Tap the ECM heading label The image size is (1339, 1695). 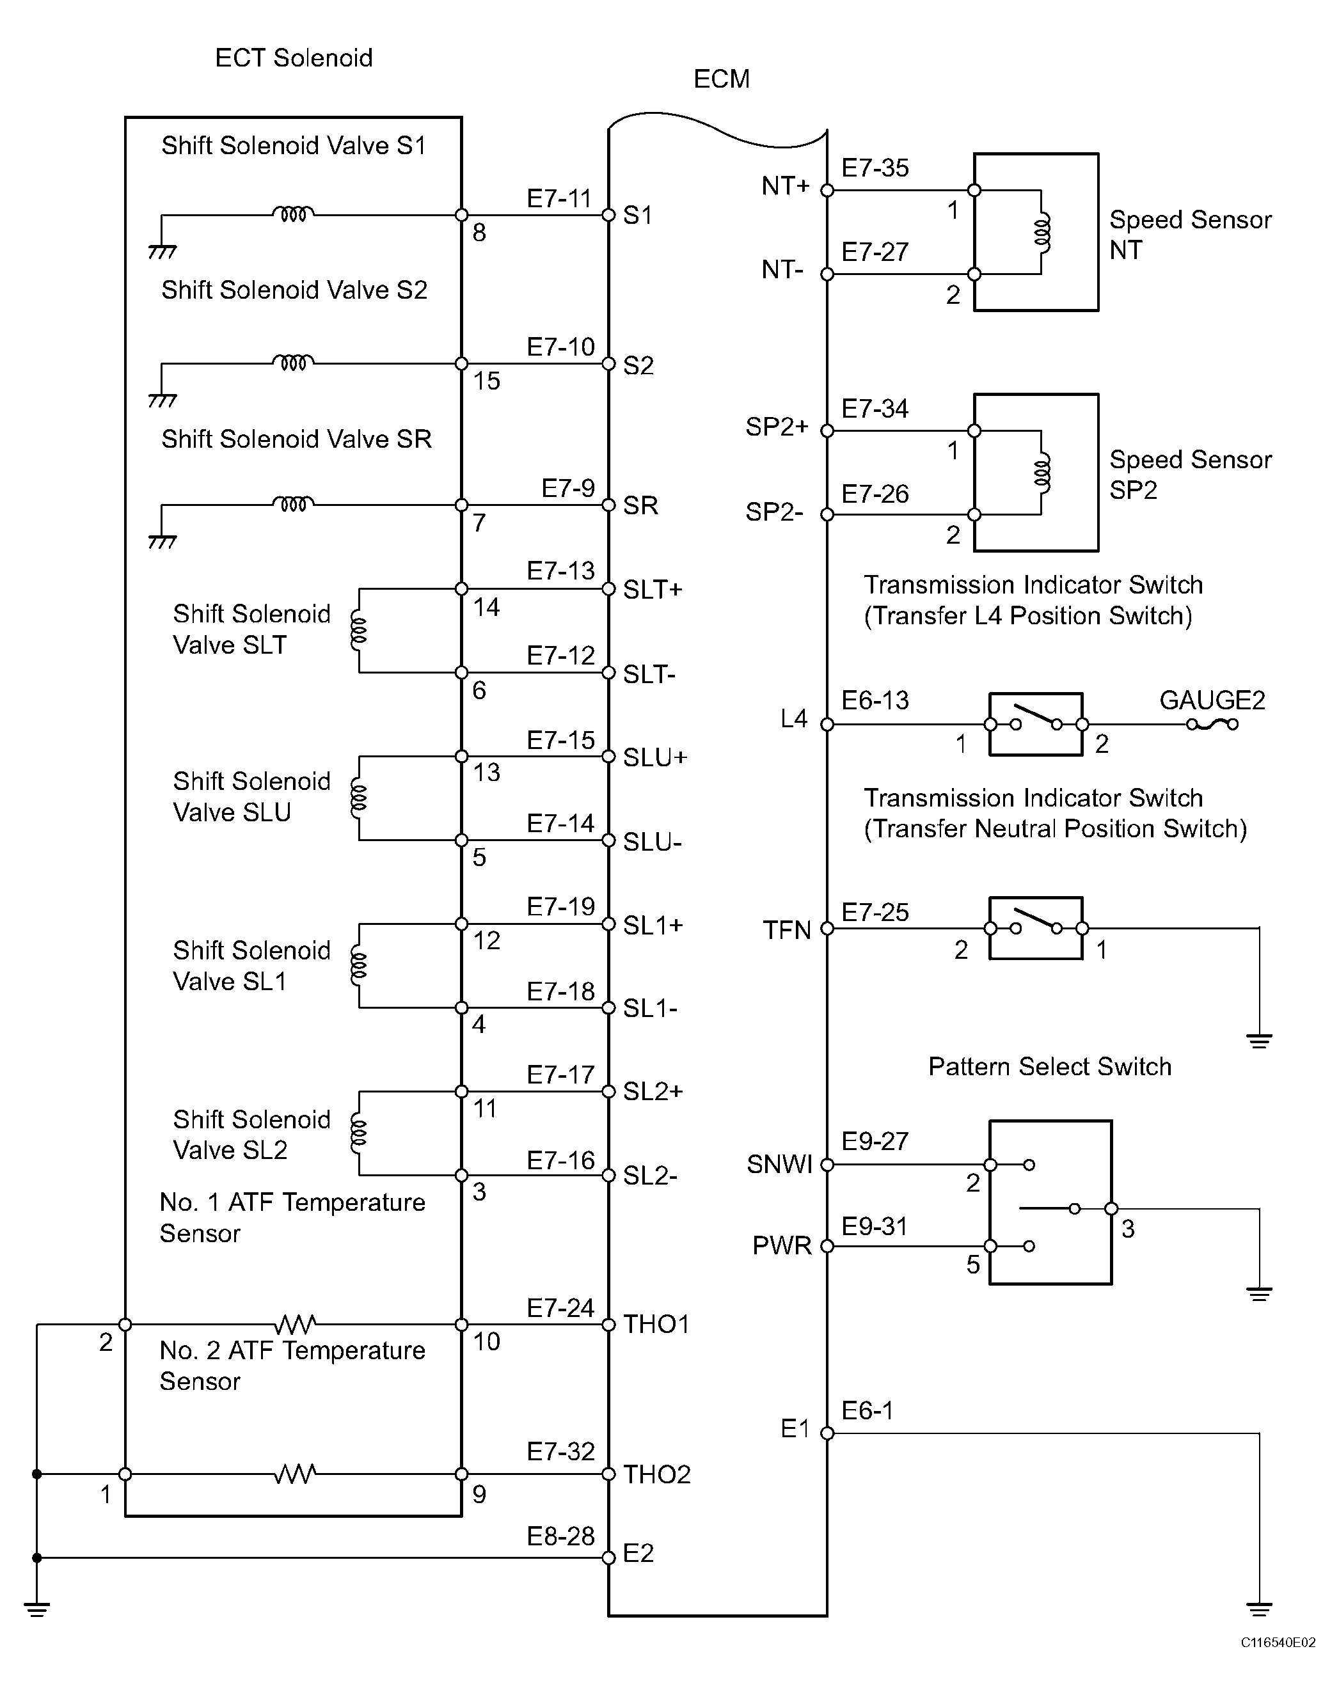click(721, 79)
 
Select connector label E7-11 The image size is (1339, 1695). click(559, 198)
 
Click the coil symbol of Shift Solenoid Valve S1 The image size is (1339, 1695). click(293, 213)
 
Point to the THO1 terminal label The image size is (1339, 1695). click(656, 1325)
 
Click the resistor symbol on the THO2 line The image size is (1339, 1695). click(296, 1474)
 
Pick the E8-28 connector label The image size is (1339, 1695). click(560, 1536)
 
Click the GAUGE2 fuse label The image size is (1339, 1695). click(1212, 700)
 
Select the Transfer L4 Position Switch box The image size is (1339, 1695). click(1036, 724)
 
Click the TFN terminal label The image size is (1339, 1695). click(786, 930)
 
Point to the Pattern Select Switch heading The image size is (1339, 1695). click(1050, 1066)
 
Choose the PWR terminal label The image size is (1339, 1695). click(782, 1246)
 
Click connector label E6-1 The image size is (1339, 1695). click(867, 1410)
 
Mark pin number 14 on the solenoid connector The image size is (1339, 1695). click(486, 606)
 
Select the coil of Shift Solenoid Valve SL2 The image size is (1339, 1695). click(358, 1132)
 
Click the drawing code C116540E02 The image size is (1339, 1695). click(1278, 1658)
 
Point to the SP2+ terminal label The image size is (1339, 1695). click(776, 427)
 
